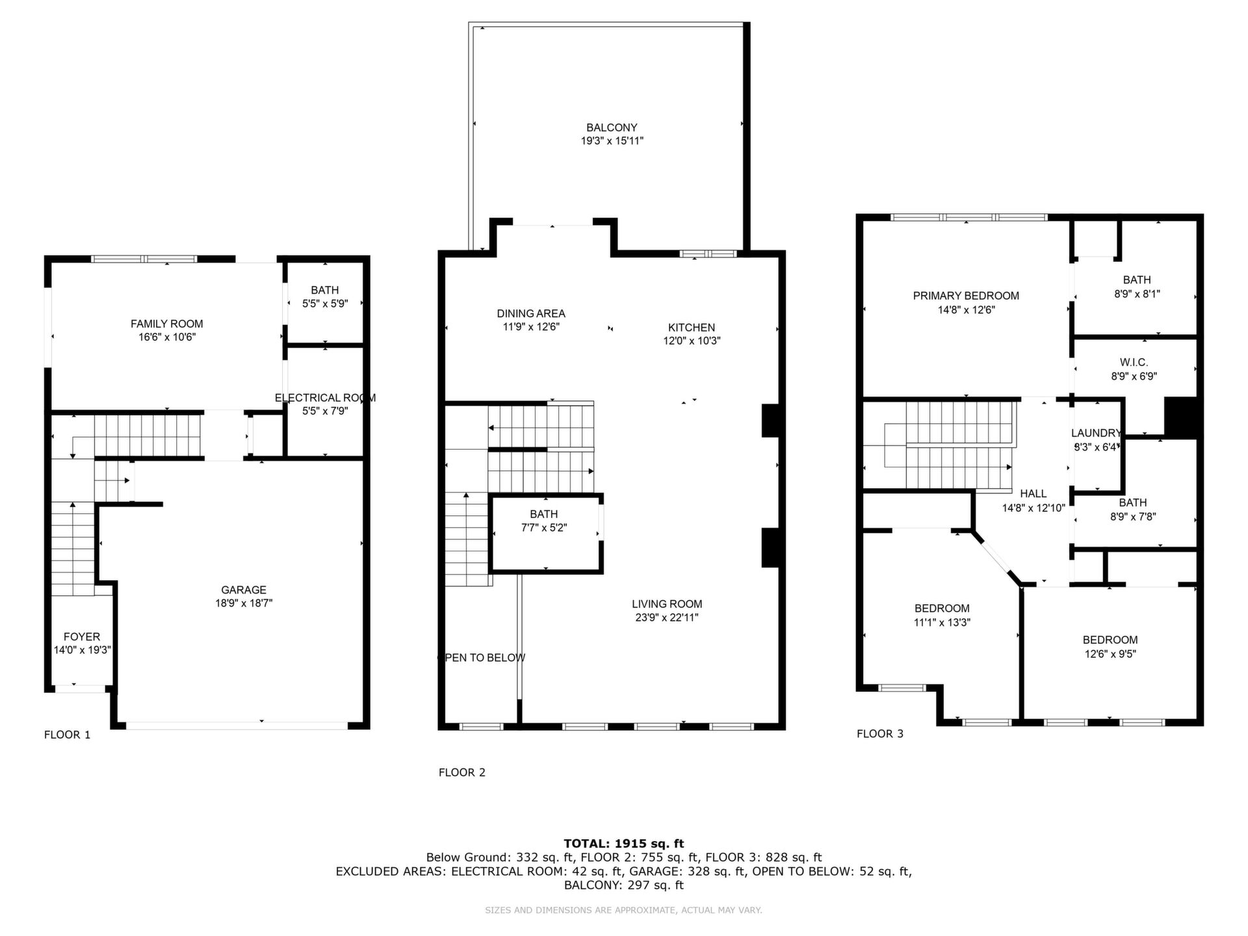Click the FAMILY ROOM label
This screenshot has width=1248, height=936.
point(167,324)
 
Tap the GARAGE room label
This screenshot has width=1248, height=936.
point(244,590)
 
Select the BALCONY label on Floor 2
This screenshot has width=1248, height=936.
point(612,128)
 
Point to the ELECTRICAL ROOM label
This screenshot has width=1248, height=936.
point(325,398)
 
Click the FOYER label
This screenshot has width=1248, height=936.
point(82,637)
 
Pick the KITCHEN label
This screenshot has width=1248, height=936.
point(692,328)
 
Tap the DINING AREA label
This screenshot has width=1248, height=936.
point(531,314)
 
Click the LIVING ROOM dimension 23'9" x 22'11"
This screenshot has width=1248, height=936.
point(667,617)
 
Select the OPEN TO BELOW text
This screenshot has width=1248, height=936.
point(482,658)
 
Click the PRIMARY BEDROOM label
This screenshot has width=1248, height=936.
point(966,296)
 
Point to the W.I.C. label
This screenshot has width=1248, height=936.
point(1134,363)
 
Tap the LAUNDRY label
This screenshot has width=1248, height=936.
point(1096,434)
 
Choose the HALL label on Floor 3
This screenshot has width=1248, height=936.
point(1033,494)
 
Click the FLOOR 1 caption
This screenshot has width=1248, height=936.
point(67,735)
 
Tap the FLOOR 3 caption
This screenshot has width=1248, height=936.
point(880,734)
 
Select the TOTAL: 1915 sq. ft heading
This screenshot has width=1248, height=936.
point(624,844)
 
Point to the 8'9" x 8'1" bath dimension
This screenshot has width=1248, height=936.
point(1137,294)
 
